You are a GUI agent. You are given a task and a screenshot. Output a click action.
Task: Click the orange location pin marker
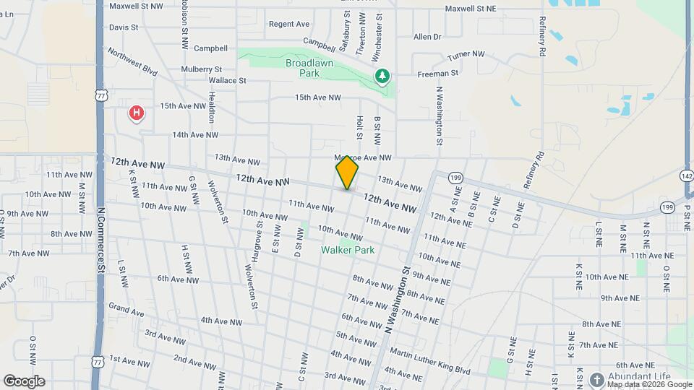(347, 172)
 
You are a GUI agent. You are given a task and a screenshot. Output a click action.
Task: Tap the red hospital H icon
(135, 113)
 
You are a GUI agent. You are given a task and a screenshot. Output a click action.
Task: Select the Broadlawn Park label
(302, 69)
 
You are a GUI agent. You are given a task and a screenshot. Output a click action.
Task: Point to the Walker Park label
(348, 250)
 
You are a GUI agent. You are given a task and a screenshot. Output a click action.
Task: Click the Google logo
(24, 381)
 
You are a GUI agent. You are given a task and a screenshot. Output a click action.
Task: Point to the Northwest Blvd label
(133, 62)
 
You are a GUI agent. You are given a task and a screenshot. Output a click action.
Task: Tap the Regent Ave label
(289, 24)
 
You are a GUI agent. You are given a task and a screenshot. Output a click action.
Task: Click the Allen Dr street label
(427, 37)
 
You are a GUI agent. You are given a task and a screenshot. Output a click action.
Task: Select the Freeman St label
(437, 73)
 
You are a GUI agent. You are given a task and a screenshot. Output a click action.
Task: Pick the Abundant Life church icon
(596, 378)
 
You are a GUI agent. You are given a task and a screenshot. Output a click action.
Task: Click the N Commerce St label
(100, 238)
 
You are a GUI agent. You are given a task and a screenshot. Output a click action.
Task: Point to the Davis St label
(124, 27)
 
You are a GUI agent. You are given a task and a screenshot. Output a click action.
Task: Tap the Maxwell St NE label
(470, 9)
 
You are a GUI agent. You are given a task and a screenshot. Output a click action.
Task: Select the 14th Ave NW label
(195, 134)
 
